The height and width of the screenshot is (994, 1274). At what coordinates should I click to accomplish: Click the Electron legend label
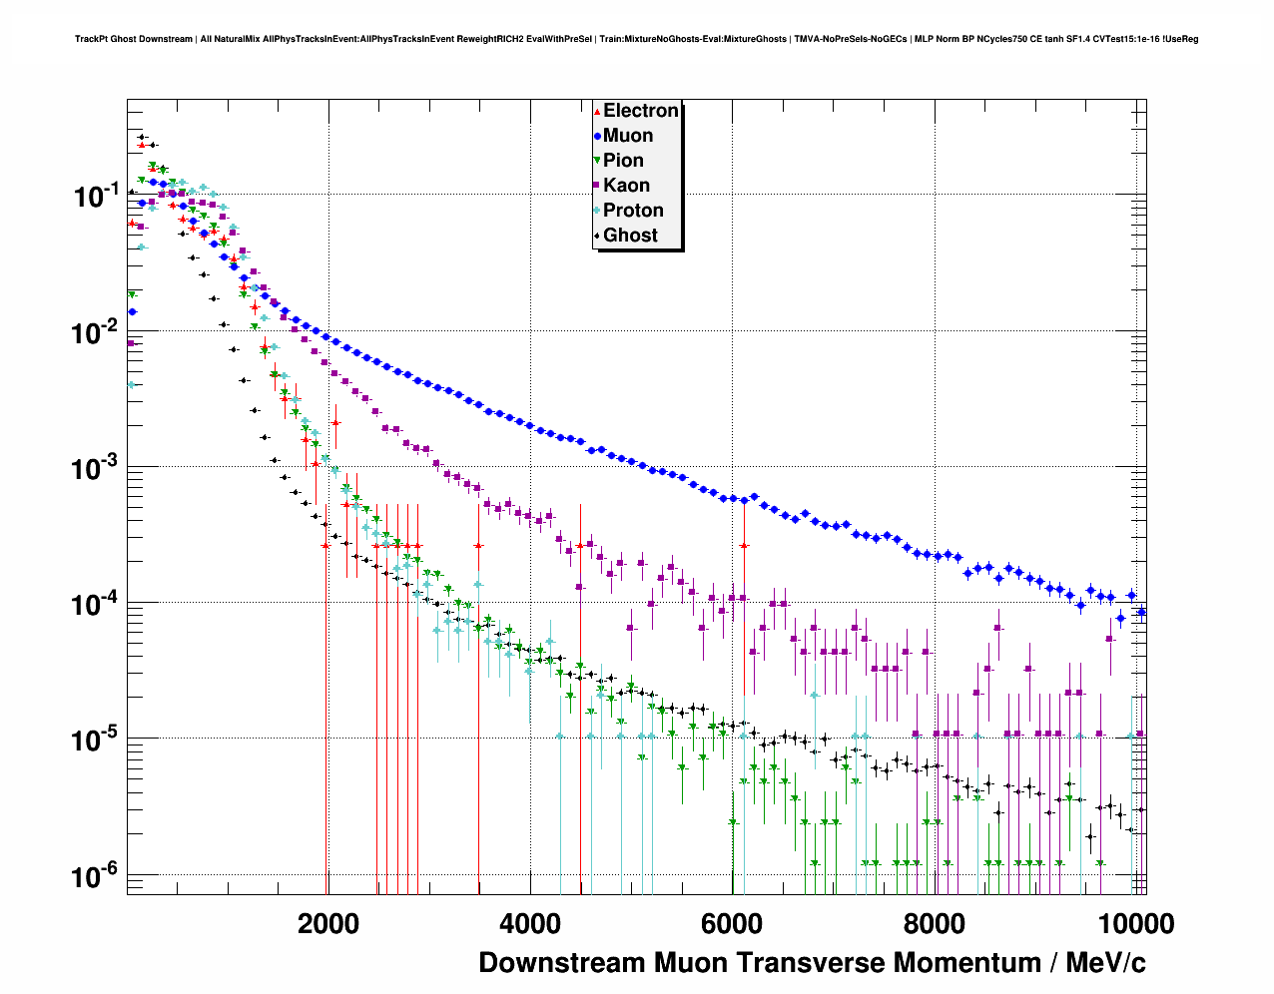click(641, 111)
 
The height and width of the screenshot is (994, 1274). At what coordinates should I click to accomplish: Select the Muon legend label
click(628, 136)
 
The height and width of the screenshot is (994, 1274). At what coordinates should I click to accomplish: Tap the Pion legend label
click(623, 161)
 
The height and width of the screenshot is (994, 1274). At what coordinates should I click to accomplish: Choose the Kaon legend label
click(626, 186)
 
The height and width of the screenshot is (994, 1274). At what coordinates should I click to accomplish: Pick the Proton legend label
click(633, 211)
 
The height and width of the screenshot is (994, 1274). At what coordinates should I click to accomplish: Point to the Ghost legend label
click(630, 236)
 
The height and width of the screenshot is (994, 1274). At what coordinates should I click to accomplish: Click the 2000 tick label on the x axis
click(328, 923)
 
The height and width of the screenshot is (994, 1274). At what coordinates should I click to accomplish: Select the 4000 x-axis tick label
click(530, 923)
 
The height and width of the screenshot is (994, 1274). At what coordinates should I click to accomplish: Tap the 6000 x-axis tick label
click(732, 923)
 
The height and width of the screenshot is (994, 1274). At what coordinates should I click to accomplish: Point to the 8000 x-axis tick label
click(934, 923)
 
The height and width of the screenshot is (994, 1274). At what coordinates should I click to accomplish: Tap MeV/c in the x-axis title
click(1105, 963)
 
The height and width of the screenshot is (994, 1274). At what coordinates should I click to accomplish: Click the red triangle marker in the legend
click(597, 112)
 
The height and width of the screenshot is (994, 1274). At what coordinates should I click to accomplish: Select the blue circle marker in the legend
click(597, 137)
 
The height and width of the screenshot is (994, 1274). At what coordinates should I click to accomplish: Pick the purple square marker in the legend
click(597, 186)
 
